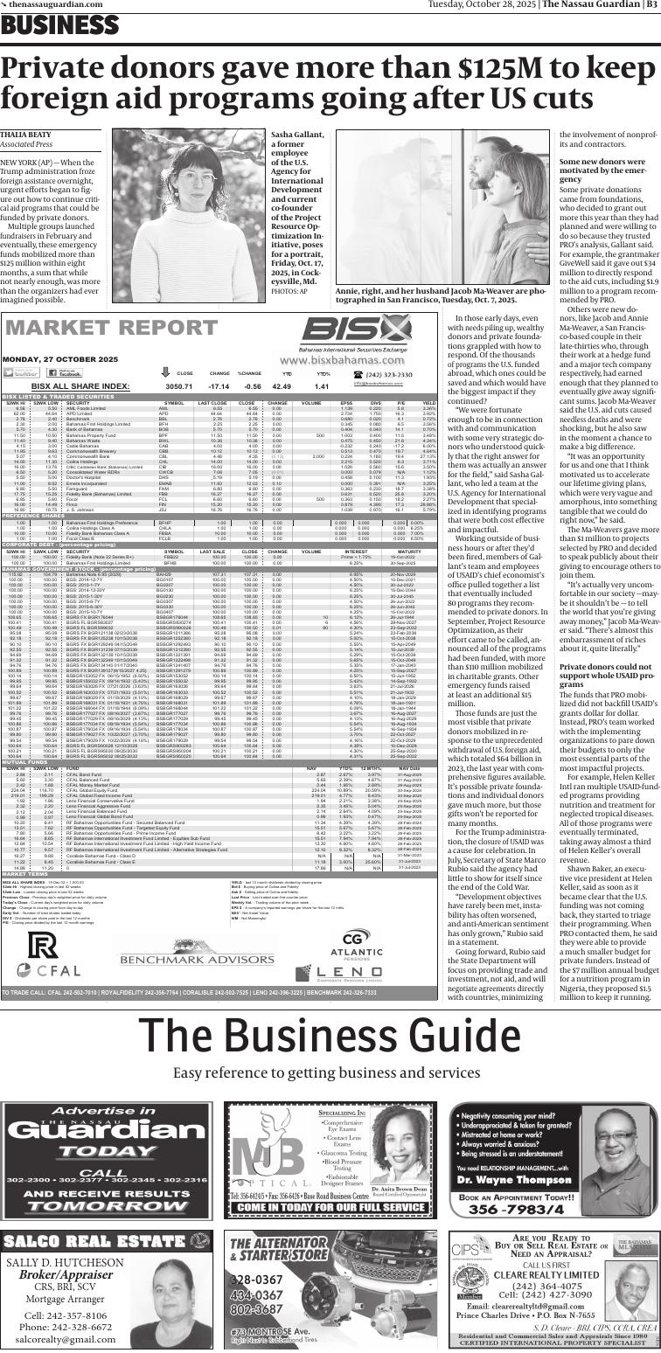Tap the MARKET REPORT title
(x=100, y=329)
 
